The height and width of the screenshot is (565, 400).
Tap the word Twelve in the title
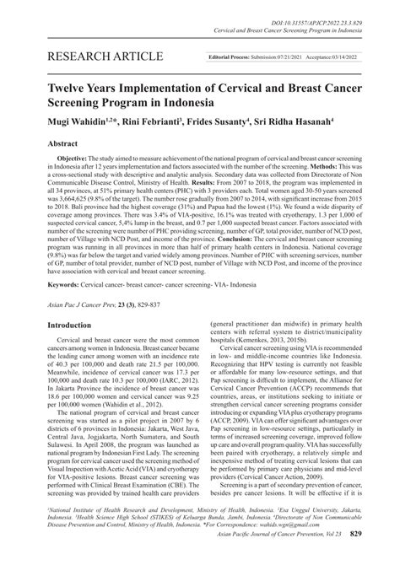pyautogui.click(x=69, y=85)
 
